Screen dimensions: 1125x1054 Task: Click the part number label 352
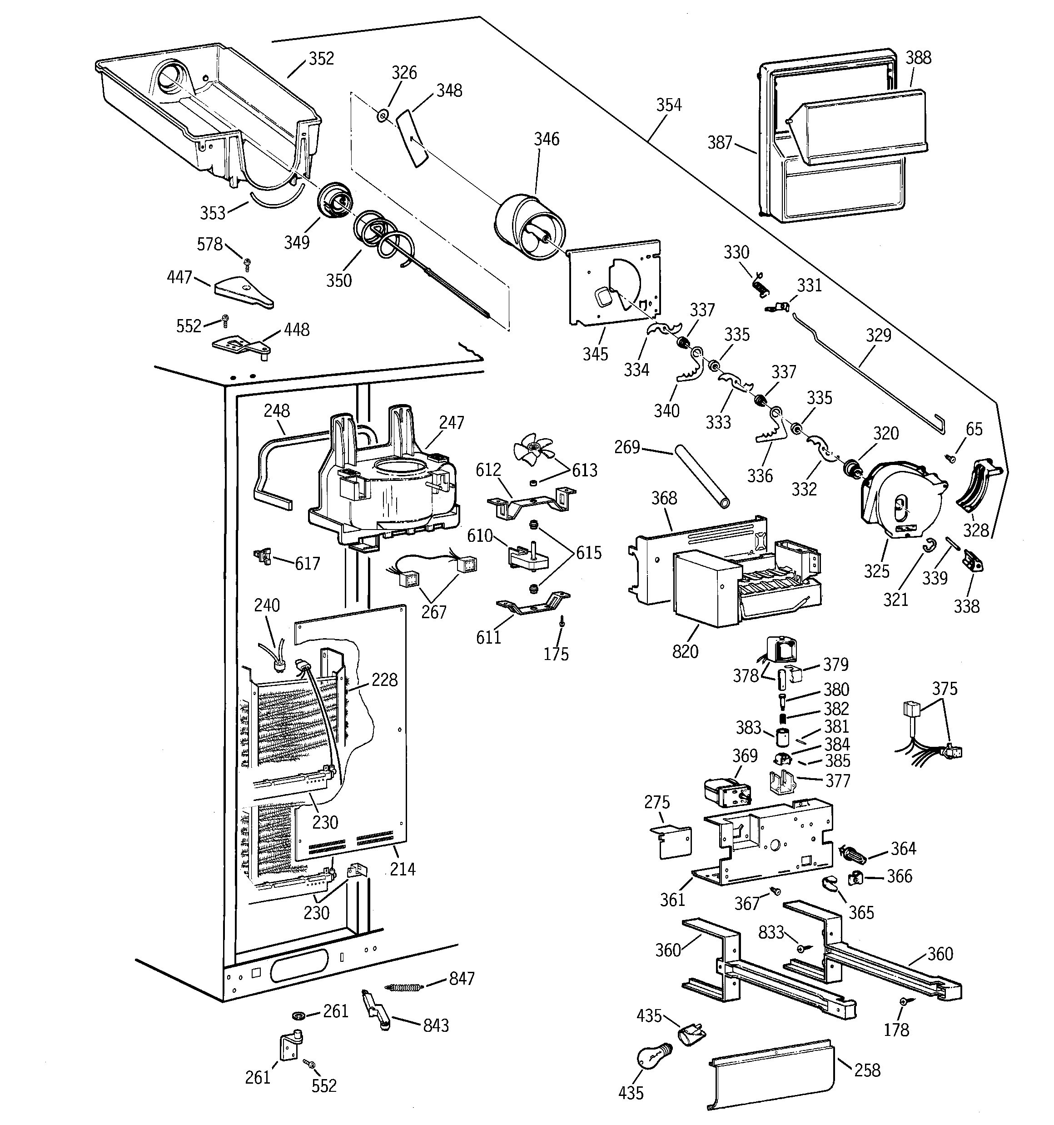(321, 59)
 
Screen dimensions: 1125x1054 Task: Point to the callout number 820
(685, 651)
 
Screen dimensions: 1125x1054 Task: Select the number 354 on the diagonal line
(669, 105)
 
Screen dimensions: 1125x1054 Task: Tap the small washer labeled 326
(383, 116)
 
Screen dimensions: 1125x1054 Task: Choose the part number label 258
(867, 1070)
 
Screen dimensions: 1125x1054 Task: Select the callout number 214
(402, 869)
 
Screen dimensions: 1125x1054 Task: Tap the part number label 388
(918, 58)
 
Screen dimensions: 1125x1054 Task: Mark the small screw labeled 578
(247, 262)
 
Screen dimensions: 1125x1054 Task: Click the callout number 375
(944, 689)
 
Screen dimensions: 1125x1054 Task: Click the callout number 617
(307, 563)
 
